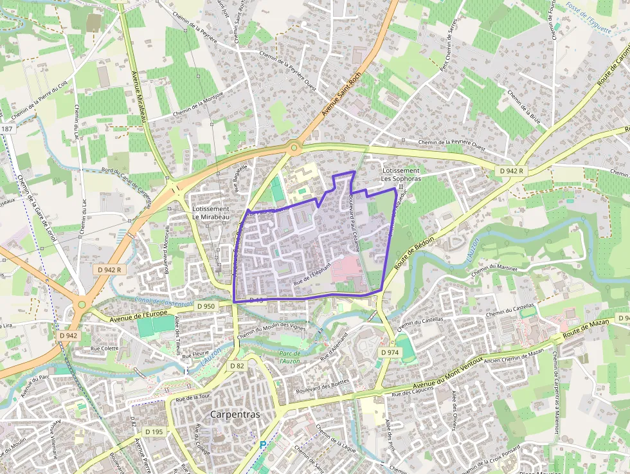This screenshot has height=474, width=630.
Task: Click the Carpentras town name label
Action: click(x=235, y=414)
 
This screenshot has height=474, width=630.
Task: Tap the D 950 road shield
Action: click(x=206, y=306)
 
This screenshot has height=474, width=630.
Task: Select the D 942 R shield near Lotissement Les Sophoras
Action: click(x=512, y=171)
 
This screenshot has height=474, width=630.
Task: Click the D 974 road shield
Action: click(x=390, y=352)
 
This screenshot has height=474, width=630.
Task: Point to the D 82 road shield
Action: click(x=238, y=365)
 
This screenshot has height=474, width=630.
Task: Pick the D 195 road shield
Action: click(x=154, y=432)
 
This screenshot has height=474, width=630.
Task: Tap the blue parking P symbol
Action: click(x=262, y=444)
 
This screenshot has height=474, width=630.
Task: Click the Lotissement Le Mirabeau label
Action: click(x=211, y=214)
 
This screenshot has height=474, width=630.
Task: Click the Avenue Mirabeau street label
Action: click(x=139, y=96)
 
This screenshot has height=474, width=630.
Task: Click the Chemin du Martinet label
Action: click(x=494, y=269)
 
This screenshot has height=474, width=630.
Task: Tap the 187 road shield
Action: click(x=7, y=129)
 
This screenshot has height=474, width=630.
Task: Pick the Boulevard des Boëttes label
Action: click(x=323, y=385)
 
